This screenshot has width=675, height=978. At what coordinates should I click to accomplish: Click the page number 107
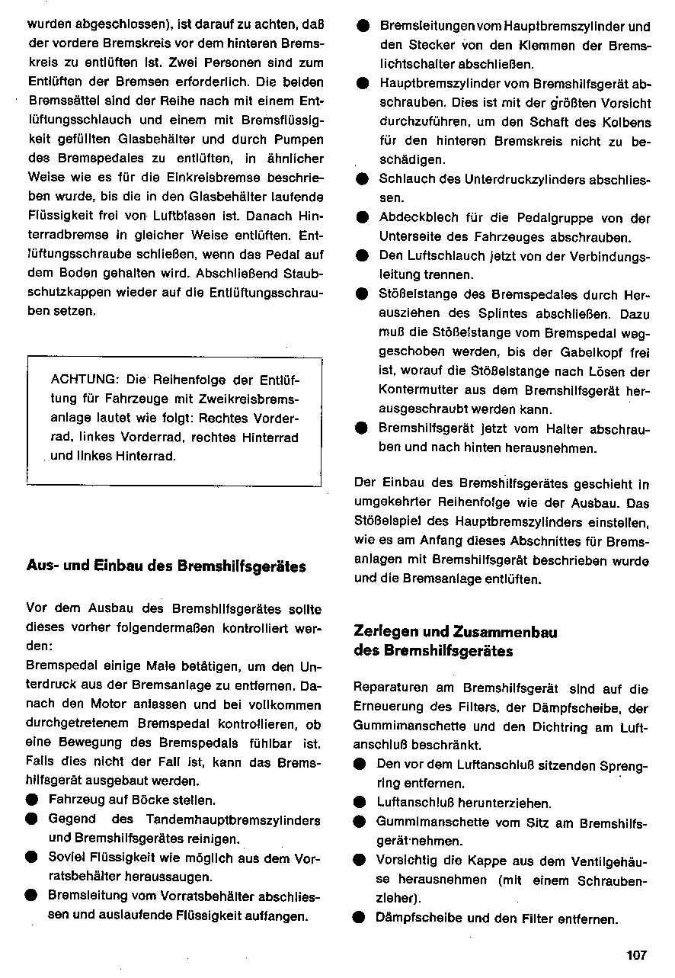[636, 955]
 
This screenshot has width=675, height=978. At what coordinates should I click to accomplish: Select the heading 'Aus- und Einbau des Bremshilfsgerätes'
[166, 566]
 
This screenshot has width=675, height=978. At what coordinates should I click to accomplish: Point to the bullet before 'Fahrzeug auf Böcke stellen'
[31, 800]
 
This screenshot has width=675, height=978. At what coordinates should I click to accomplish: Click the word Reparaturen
[393, 688]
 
